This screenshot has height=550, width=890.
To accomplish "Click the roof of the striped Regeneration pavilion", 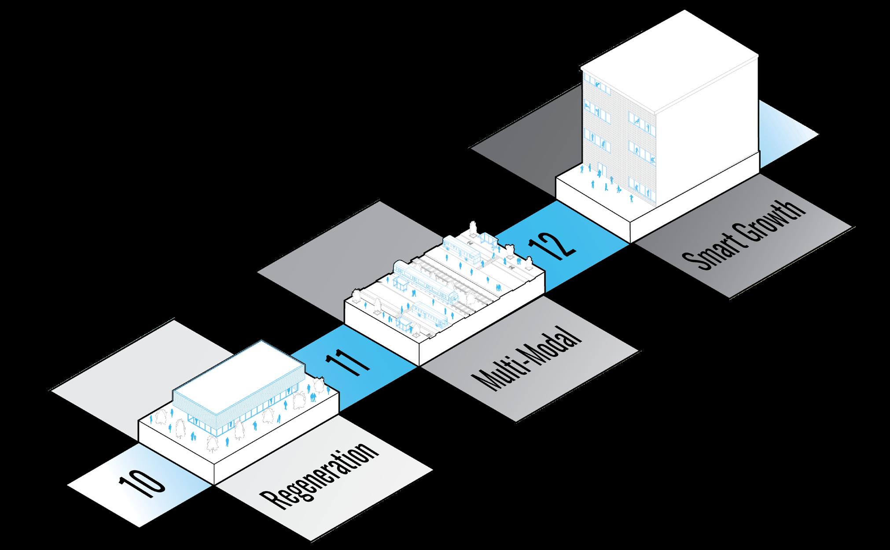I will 238,370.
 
